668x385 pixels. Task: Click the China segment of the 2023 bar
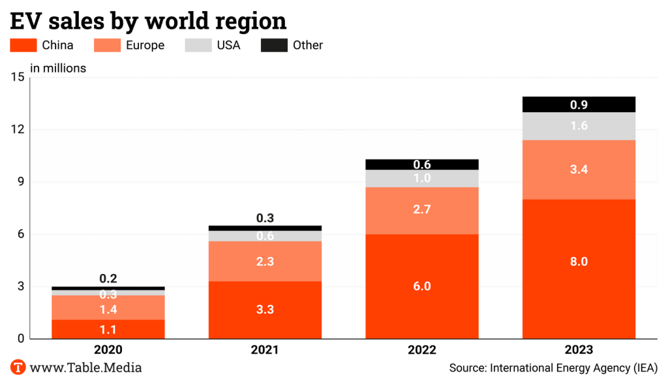(579, 287)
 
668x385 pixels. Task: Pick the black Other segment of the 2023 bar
(579, 104)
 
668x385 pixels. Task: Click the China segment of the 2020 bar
(108, 329)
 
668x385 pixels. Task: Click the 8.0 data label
(579, 262)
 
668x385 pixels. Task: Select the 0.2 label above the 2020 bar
(108, 279)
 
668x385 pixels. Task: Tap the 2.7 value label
(421, 209)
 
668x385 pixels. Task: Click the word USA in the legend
(228, 45)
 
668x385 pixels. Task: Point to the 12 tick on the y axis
(17, 129)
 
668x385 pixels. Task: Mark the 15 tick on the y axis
(17, 77)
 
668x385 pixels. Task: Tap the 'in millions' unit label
(58, 67)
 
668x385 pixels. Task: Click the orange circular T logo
(18, 367)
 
